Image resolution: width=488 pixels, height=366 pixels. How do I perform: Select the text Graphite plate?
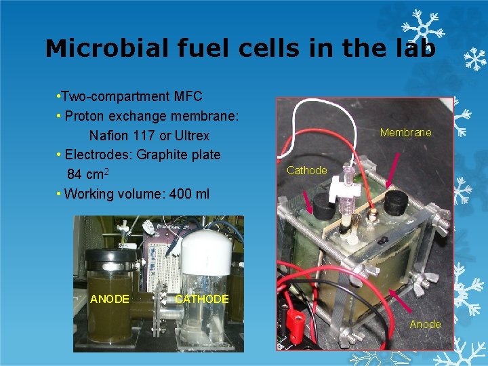178,155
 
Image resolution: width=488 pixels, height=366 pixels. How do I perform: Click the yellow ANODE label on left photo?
109,299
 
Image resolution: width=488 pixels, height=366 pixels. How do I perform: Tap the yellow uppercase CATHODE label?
201,299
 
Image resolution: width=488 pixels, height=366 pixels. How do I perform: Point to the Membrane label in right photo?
405,133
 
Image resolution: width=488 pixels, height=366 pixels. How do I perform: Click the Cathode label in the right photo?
306,171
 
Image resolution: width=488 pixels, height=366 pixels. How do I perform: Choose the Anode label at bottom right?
425,325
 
